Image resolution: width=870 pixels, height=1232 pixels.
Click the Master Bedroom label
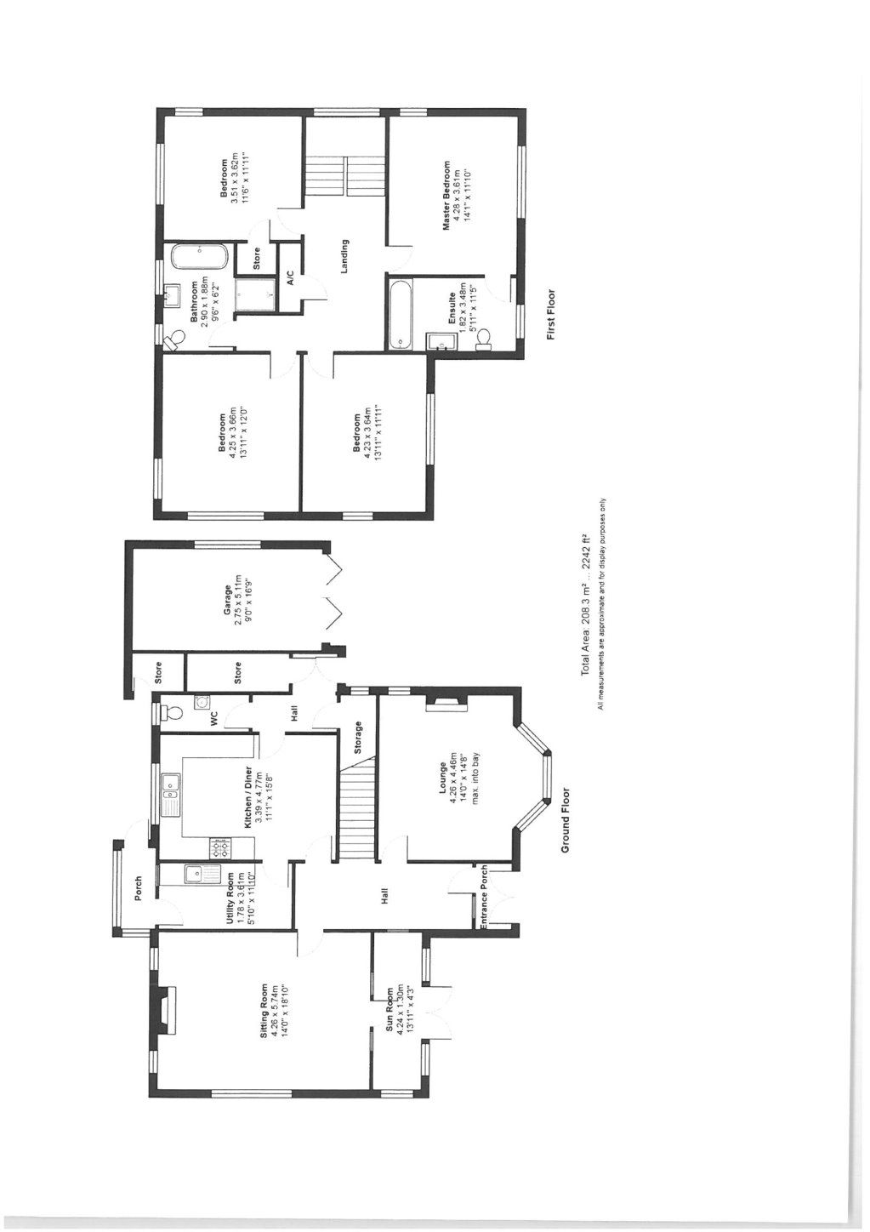(x=444, y=195)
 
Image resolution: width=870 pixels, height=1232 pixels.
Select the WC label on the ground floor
(x=213, y=720)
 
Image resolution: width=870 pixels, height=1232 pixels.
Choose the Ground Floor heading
(x=563, y=820)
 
